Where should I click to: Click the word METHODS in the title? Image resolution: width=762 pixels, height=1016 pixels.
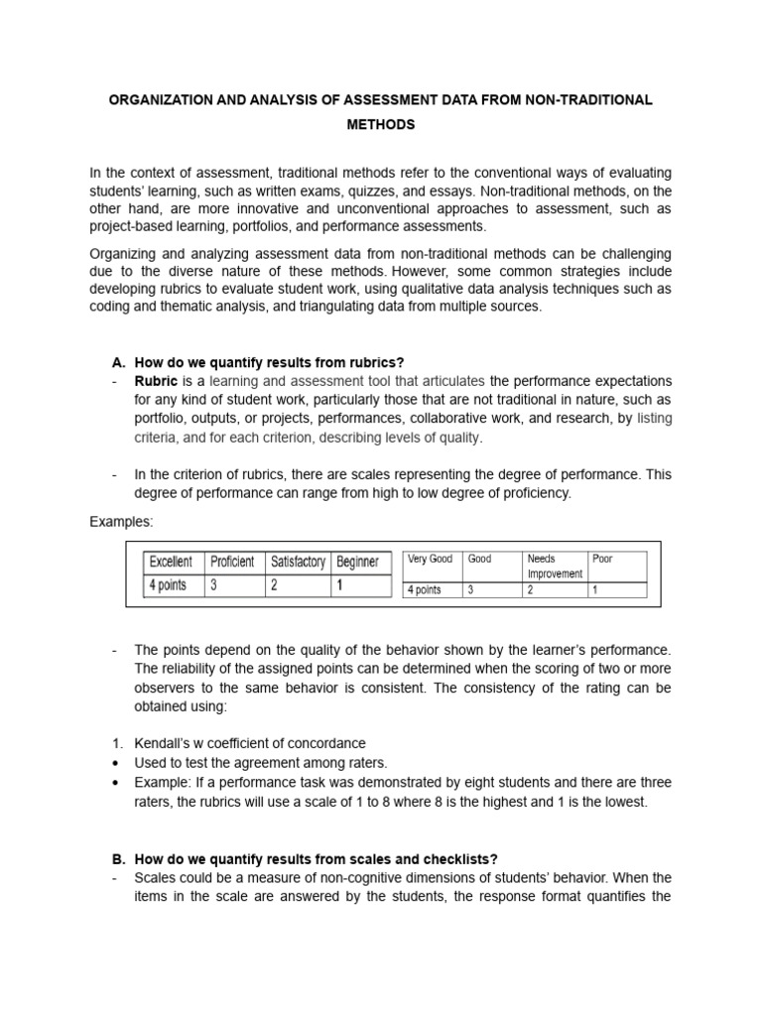coord(381,126)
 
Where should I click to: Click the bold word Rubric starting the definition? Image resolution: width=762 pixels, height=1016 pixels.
coord(157,381)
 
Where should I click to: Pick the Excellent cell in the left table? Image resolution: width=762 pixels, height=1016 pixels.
coord(171,562)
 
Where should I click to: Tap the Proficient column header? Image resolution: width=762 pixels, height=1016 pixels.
coord(233,562)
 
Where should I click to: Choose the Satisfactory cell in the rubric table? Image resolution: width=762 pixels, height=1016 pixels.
coord(298,562)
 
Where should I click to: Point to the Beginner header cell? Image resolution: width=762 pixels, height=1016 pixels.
coord(358,562)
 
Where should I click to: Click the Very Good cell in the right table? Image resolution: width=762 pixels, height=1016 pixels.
coord(431,560)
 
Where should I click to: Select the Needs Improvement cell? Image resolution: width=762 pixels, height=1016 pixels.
coord(555,566)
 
